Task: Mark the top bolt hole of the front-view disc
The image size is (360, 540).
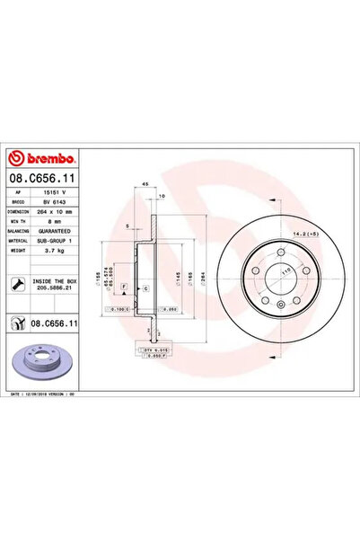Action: tap(282, 252)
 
